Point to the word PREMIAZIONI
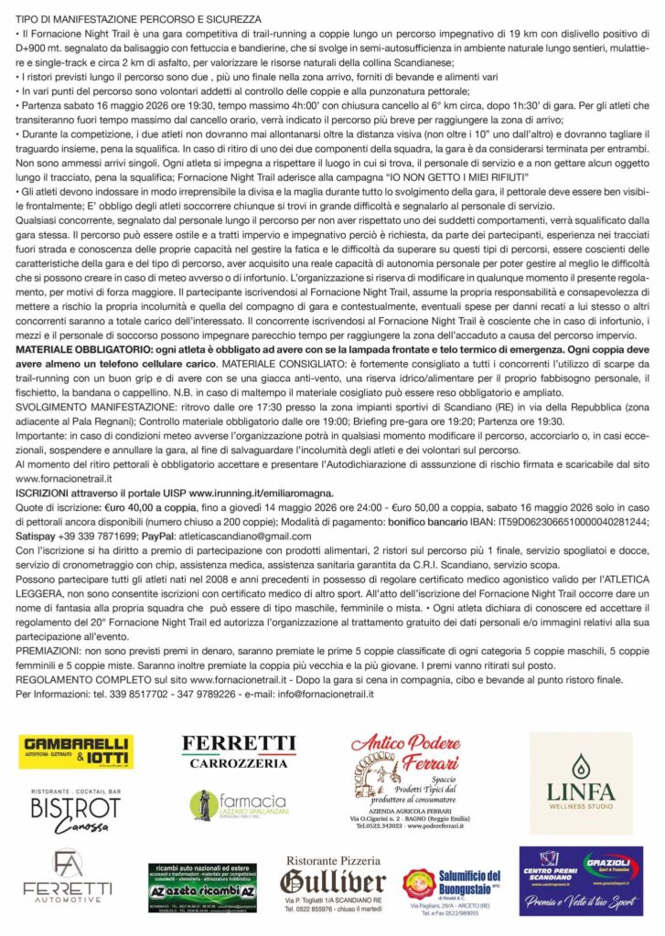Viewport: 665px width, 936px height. (x=53, y=646)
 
